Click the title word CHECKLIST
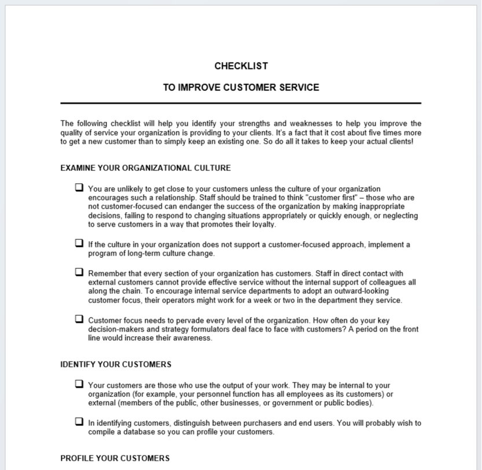point(241,66)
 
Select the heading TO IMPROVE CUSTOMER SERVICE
point(241,88)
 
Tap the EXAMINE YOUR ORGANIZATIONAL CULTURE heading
point(145,168)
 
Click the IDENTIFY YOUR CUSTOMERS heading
point(116,365)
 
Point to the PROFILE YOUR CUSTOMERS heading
point(115,458)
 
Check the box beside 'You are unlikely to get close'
point(79,188)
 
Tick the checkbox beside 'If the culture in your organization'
point(79,243)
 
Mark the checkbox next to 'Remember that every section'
point(79,272)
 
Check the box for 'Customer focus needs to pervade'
point(79,319)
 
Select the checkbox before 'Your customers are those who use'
point(79,384)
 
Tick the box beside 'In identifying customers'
point(79,422)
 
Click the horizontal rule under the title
point(241,103)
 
